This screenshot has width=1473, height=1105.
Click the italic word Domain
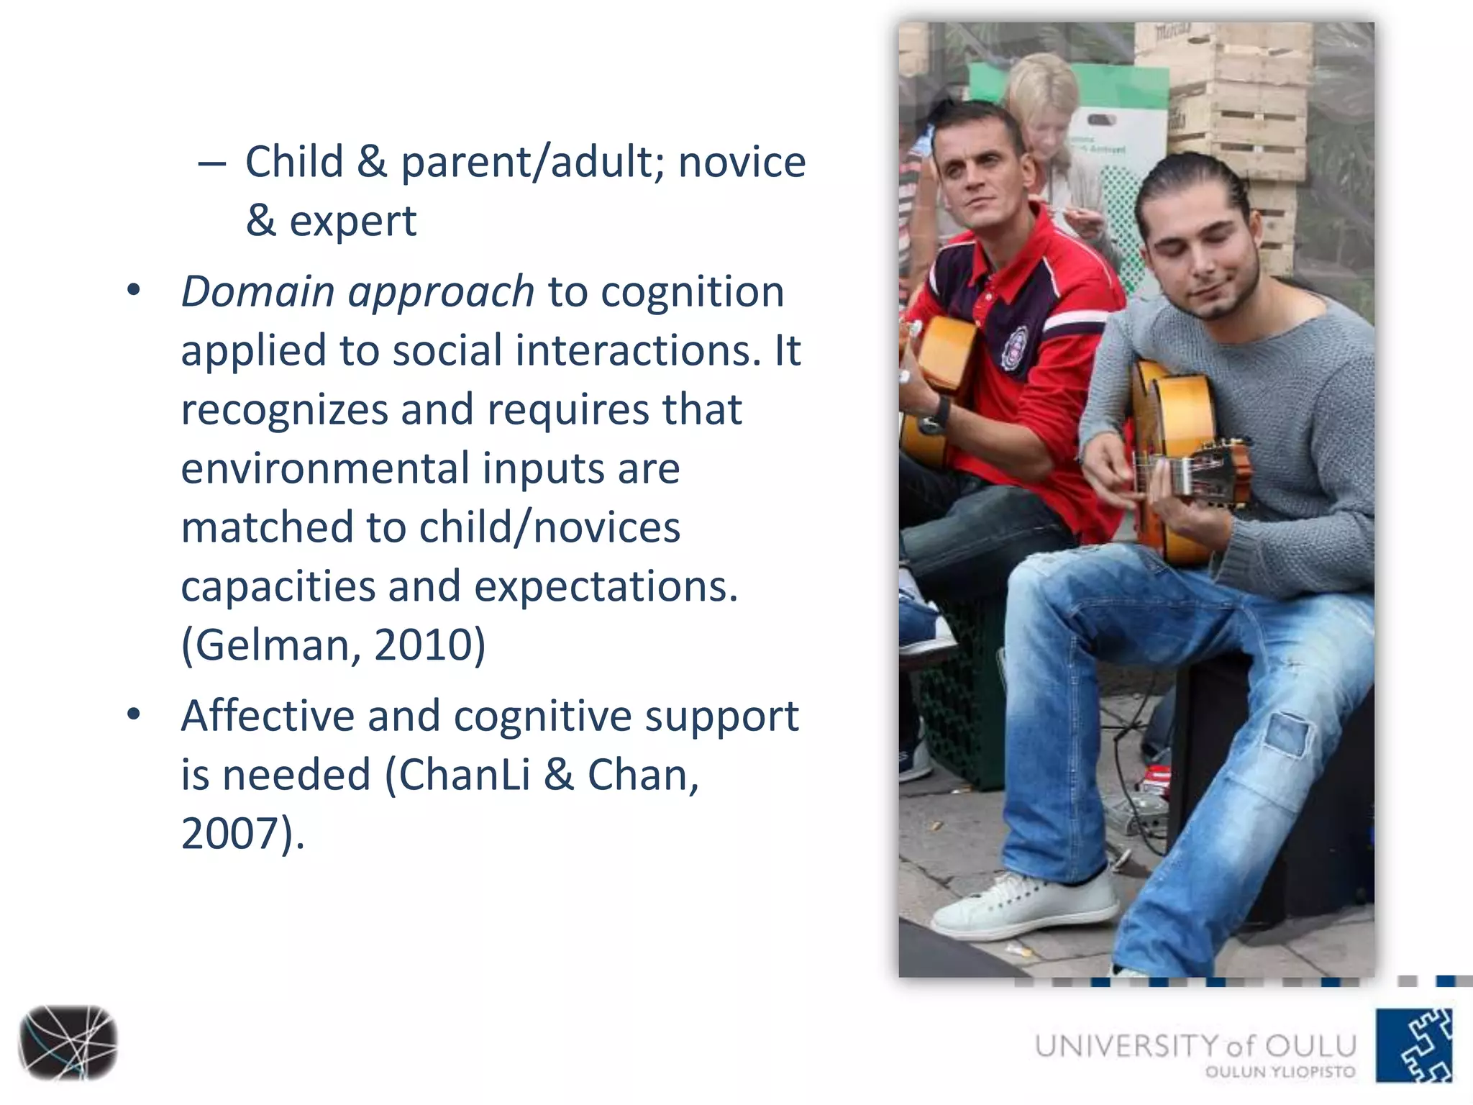(x=257, y=292)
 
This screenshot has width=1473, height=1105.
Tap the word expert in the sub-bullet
(x=352, y=221)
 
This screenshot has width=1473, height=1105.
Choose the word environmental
(x=324, y=468)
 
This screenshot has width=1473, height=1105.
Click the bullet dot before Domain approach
(x=133, y=291)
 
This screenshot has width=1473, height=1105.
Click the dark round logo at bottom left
(x=68, y=1042)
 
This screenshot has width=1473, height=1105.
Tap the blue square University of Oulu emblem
(x=1414, y=1045)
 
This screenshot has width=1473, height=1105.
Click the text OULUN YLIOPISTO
(x=1280, y=1072)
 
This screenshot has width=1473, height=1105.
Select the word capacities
(x=278, y=586)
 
